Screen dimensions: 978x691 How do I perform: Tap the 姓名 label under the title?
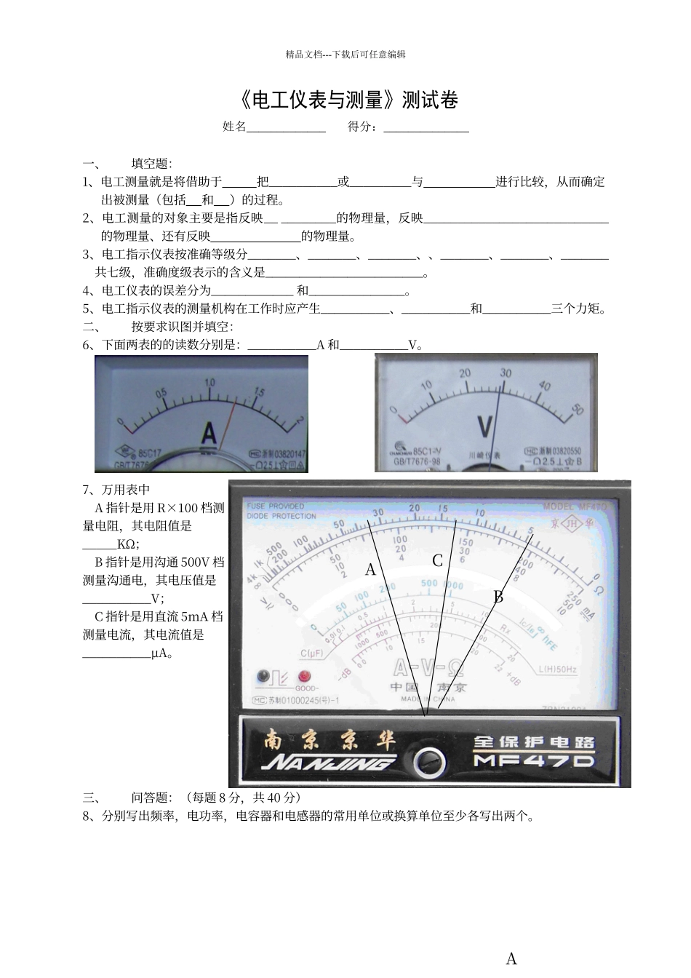click(x=234, y=127)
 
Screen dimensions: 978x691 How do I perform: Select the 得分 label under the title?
click(x=362, y=127)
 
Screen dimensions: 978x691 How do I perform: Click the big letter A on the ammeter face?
click(x=209, y=434)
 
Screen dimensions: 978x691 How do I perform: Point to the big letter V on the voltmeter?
click(x=484, y=426)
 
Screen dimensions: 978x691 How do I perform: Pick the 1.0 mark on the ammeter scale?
click(x=210, y=383)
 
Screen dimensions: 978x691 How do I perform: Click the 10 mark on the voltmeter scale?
click(x=426, y=385)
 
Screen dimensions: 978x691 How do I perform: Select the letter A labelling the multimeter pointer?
click(x=370, y=570)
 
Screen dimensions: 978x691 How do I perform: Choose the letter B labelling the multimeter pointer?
click(x=498, y=597)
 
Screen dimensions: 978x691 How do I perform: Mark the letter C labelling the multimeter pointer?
click(x=437, y=560)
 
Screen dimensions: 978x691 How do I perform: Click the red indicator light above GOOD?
click(x=303, y=676)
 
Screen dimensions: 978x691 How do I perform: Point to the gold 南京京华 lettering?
click(x=329, y=739)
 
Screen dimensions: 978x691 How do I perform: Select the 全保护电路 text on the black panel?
click(x=534, y=742)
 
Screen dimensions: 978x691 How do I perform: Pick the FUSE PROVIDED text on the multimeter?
click(x=276, y=506)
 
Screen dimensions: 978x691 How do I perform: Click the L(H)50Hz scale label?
click(x=558, y=669)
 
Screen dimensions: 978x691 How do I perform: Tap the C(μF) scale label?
click(x=312, y=652)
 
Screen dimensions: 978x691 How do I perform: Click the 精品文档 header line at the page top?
click(x=345, y=54)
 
